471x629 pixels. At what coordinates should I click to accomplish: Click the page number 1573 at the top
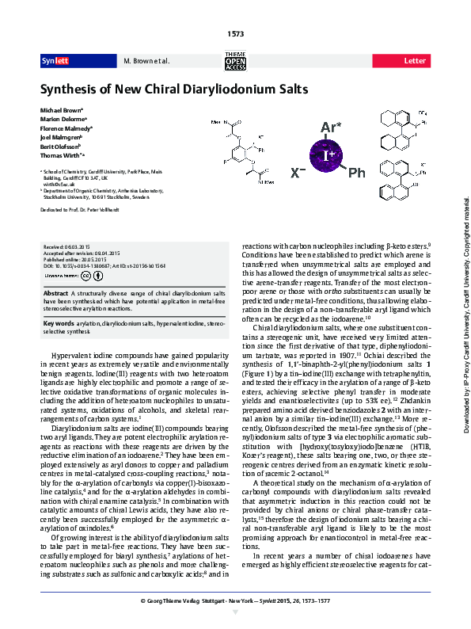[x=235, y=32]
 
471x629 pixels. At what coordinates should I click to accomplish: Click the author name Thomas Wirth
[x=62, y=157]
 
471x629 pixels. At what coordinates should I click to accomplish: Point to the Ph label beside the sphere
[x=357, y=172]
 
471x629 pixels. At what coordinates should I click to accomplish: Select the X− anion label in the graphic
[x=297, y=171]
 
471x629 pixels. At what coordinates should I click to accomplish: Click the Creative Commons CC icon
[x=85, y=276]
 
